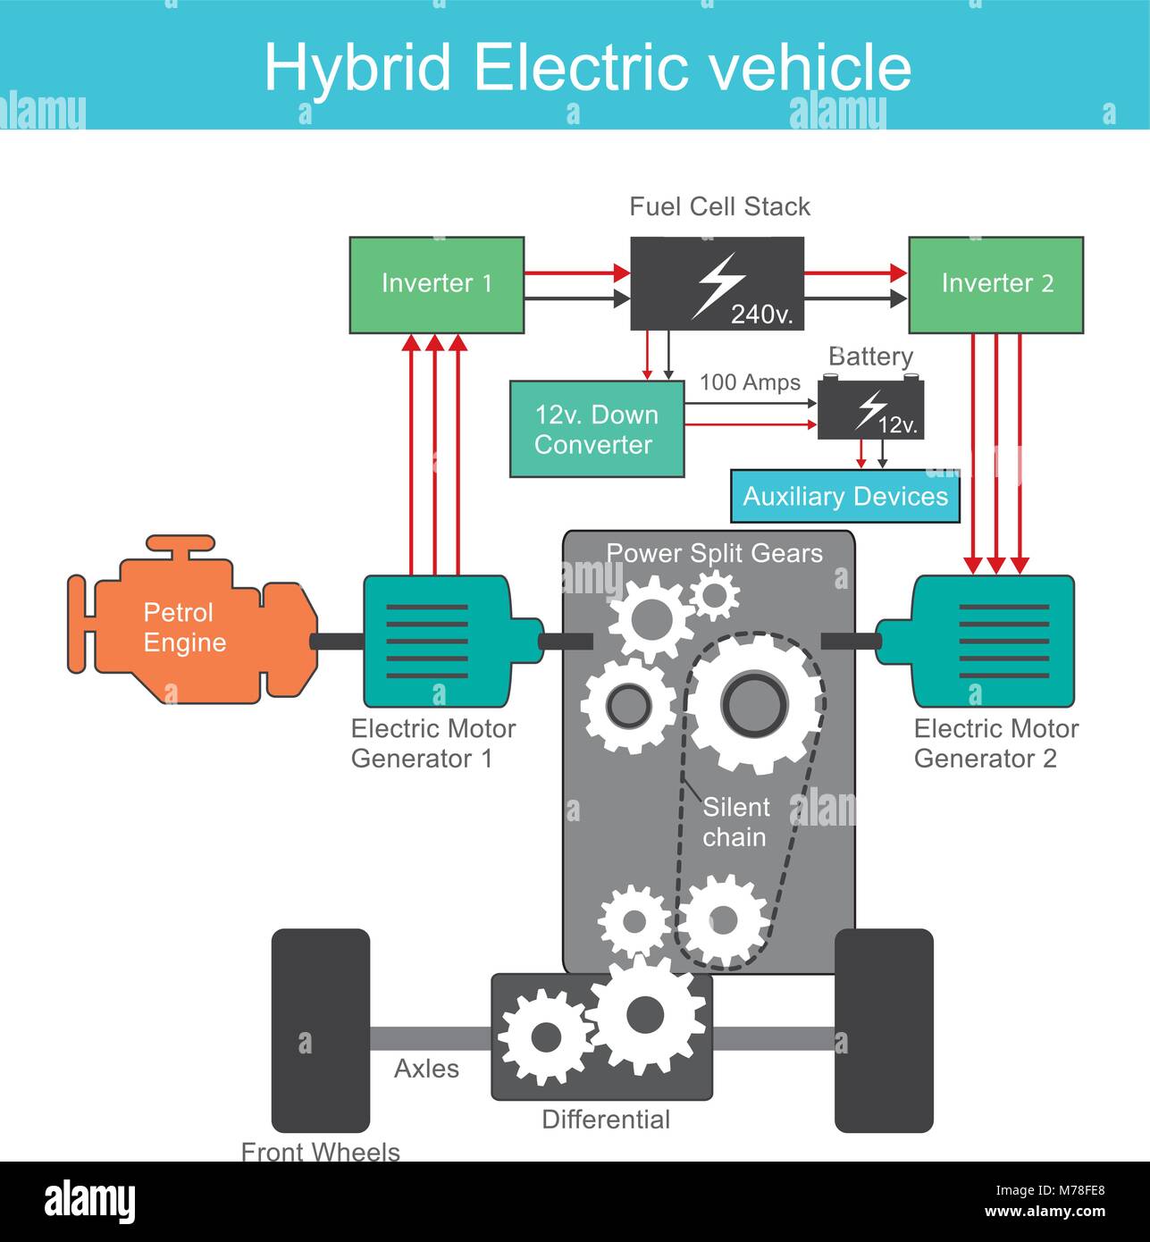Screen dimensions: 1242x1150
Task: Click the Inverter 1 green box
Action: (x=436, y=285)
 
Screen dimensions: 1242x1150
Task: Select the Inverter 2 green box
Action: (x=995, y=285)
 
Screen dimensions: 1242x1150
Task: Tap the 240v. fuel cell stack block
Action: (x=717, y=283)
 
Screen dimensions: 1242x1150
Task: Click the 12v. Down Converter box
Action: (x=597, y=429)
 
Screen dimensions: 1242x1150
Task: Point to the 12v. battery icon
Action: (x=870, y=409)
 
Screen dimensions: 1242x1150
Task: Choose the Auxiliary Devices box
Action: (x=844, y=497)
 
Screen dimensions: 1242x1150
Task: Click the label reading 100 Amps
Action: (x=750, y=382)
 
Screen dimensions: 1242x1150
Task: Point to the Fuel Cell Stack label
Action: (x=719, y=206)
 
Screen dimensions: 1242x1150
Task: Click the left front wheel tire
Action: (x=320, y=1030)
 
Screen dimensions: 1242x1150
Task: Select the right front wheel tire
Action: (x=883, y=1030)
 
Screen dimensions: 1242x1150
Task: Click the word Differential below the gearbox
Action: (x=606, y=1120)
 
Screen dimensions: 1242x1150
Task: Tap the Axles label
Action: (x=426, y=1069)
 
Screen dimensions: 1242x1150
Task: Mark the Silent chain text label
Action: (x=735, y=822)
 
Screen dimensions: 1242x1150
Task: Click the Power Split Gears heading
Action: (x=714, y=553)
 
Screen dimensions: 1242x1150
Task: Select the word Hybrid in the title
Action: (x=357, y=67)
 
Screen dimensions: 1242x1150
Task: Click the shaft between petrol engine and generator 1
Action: (x=337, y=641)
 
